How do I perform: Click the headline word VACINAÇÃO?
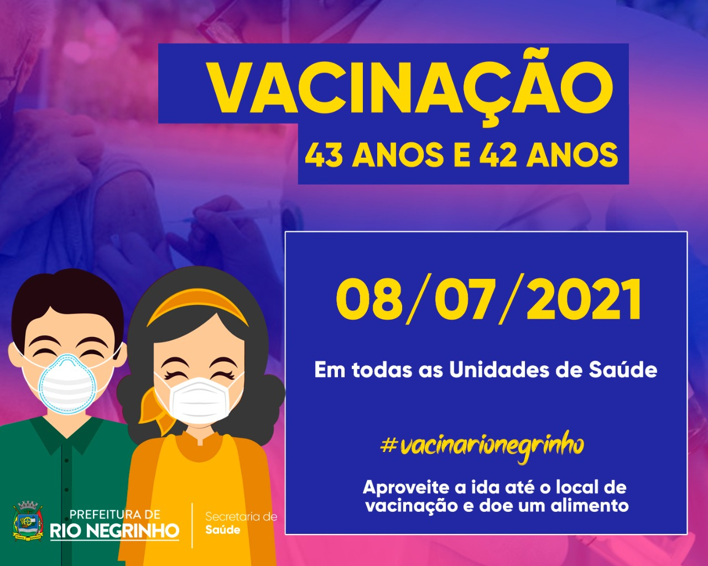coord(411,88)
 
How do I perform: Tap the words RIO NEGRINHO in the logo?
coord(114,531)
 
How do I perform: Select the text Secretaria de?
coord(241,517)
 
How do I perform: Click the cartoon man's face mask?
coord(67,383)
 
